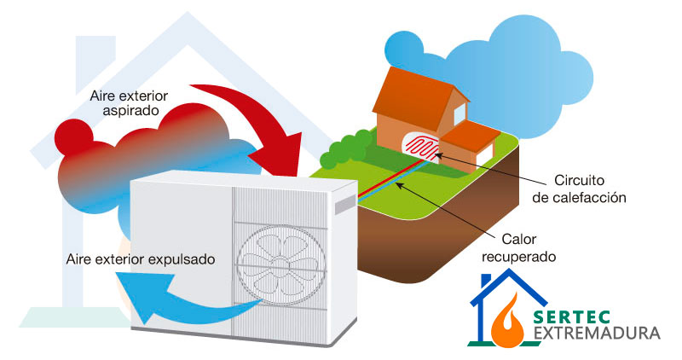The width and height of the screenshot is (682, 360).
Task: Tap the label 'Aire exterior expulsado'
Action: [x=140, y=257]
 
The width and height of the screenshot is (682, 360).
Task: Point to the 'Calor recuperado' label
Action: [x=529, y=247]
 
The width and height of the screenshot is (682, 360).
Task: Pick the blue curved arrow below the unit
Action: [x=170, y=294]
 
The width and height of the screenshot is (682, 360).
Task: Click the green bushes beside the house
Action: [x=345, y=147]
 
